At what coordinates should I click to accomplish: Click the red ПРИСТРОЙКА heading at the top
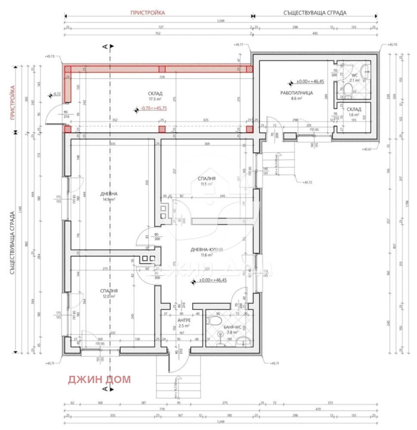(x=148, y=11)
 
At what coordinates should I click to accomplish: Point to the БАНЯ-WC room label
(x=228, y=329)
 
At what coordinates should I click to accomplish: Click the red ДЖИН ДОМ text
(x=99, y=379)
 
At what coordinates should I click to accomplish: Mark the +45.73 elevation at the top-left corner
(x=50, y=56)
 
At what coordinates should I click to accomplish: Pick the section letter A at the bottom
(x=105, y=388)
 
